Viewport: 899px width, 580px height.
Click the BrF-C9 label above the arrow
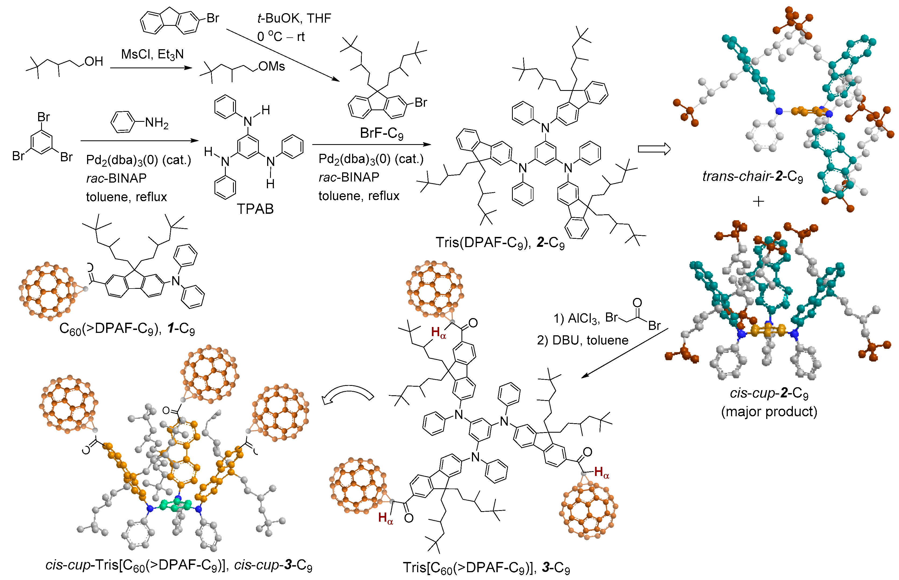pos(381,133)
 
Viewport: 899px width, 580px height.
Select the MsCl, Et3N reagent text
pos(152,55)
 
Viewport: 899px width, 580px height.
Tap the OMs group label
pos(271,67)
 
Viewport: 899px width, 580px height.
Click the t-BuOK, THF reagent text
pos(294,18)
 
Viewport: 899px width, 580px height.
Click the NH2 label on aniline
pos(157,123)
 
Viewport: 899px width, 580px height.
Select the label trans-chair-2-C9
pos(753,176)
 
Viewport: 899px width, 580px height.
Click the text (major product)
pos(769,411)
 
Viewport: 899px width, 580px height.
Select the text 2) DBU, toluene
pos(582,340)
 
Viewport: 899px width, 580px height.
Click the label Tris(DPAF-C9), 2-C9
pos(500,243)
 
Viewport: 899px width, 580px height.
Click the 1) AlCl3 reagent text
pos(576,319)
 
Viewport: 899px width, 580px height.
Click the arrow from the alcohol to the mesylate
pos(151,68)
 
